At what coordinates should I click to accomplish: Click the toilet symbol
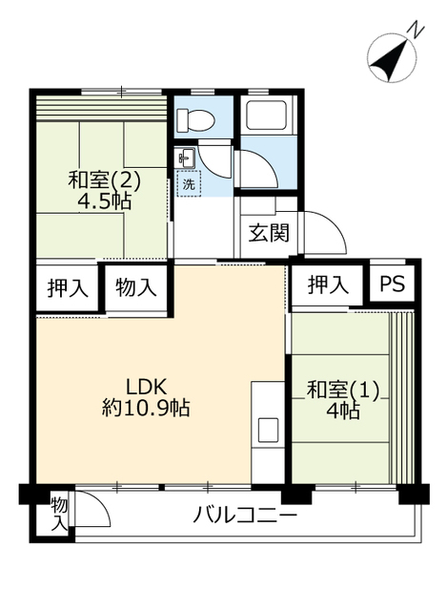pos(194,120)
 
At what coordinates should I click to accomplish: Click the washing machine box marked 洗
pos(189,183)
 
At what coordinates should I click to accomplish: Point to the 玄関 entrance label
pos(269,233)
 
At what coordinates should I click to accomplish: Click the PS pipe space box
pos(392,284)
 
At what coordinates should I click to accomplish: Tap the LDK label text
pos(146,388)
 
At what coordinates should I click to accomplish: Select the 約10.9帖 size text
pos(146,409)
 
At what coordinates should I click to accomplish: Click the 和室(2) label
pos(104,180)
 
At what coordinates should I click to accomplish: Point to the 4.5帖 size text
pos(104,201)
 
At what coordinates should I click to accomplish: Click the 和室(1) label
pos(343,390)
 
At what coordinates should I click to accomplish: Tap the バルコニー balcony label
pos(245,516)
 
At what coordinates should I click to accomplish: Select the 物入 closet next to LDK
pos(136,288)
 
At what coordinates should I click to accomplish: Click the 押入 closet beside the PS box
pos(328,284)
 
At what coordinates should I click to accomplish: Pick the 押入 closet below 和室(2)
pos(68,288)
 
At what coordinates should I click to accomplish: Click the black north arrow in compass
pos(390,59)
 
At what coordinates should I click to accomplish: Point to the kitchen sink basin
pos(269,431)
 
